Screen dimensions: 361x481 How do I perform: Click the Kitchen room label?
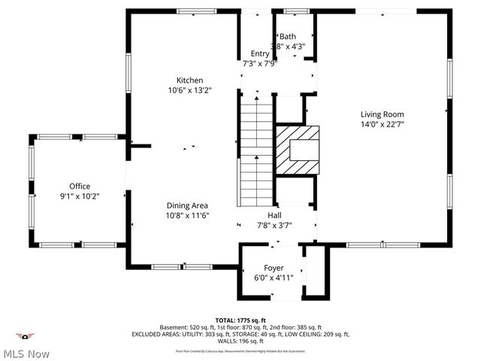point(189,80)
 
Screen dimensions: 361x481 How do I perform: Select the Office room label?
point(80,186)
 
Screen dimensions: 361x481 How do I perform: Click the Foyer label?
point(274,268)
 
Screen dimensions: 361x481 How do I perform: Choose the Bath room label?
point(288,36)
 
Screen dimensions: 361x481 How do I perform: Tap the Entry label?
point(260,53)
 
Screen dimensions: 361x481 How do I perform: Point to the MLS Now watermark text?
point(26,353)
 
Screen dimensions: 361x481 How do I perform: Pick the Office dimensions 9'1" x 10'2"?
point(80,196)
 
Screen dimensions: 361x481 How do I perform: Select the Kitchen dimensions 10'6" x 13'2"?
point(189,90)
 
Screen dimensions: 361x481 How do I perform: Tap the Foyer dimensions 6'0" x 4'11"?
point(274,278)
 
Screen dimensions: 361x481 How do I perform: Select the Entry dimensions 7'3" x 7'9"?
point(260,63)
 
